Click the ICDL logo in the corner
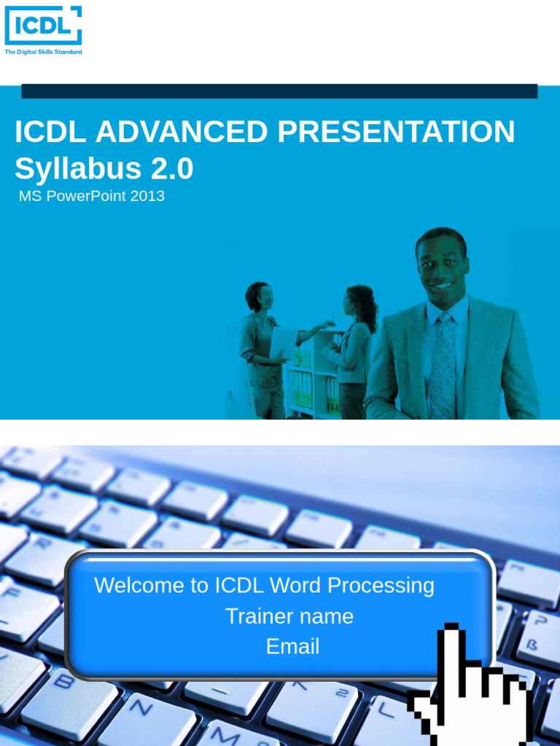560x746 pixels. click(x=43, y=26)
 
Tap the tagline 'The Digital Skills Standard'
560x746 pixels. click(x=43, y=52)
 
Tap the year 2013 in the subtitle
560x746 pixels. click(x=148, y=196)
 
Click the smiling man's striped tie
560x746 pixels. click(x=442, y=364)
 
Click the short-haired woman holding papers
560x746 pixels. click(x=260, y=342)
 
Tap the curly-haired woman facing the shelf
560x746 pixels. click(x=355, y=342)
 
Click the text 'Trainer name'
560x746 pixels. click(x=289, y=616)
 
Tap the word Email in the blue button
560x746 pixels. click(x=292, y=647)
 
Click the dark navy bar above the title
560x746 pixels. click(x=279, y=91)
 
